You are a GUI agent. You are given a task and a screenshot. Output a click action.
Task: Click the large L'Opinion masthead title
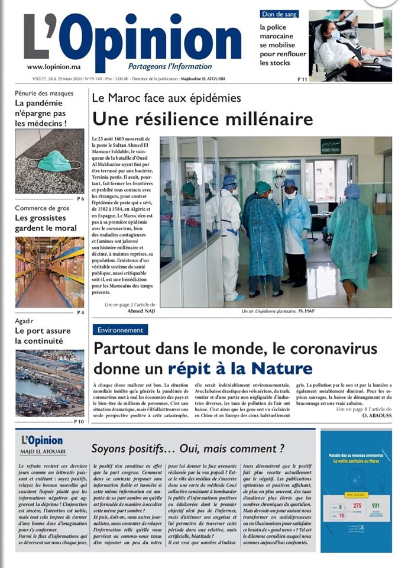tap(133, 38)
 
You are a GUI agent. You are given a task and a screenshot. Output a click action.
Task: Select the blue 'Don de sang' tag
tap(280, 14)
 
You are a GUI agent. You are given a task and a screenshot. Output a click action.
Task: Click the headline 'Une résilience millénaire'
tap(202, 118)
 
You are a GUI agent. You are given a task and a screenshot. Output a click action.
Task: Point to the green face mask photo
tap(50, 160)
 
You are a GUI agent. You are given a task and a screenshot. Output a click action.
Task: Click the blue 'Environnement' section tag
tap(121, 330)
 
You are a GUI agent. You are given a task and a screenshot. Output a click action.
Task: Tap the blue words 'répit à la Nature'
tap(240, 368)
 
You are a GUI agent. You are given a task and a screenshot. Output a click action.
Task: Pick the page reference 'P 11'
tap(302, 79)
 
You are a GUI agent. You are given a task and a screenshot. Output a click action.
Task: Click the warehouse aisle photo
tap(50, 272)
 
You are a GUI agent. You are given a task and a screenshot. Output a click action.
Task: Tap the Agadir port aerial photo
tap(50, 383)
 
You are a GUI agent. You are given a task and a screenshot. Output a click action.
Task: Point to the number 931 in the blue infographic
tap(377, 506)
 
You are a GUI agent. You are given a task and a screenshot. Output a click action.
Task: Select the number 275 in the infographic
tap(357, 506)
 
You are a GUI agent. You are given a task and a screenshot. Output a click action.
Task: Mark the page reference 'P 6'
tap(80, 199)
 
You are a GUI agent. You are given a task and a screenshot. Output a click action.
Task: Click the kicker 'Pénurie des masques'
tap(44, 93)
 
